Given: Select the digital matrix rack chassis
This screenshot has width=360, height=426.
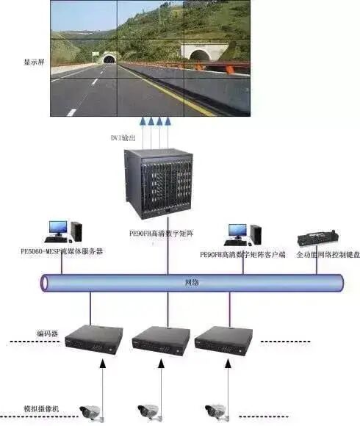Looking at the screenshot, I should coord(157,184).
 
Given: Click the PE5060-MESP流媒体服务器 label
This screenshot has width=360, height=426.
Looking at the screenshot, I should coord(62,251).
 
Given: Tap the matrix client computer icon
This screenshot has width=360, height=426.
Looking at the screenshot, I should coord(243,234).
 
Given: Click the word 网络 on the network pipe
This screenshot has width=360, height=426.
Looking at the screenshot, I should coord(191,283).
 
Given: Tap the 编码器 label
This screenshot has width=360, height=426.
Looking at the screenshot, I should coord(46,334).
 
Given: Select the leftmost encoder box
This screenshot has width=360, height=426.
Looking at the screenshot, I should coord(93,339).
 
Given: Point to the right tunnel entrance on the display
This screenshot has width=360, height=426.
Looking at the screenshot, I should coord(200,52).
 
